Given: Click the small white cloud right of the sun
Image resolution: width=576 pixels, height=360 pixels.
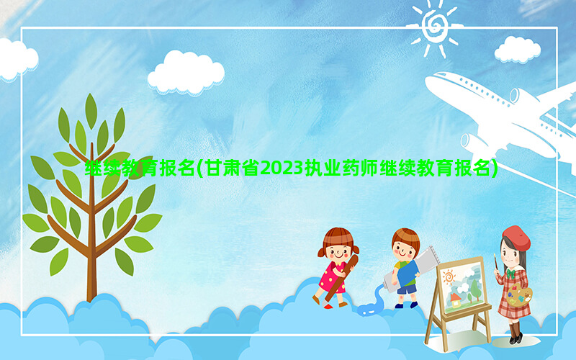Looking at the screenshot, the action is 517,50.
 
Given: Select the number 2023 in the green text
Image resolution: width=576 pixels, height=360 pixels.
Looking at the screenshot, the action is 282,168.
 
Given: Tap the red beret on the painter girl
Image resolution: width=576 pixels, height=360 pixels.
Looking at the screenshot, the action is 516,238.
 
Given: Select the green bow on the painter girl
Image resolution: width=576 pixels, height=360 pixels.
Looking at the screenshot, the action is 510,274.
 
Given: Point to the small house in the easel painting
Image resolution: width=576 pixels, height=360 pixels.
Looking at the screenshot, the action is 456,300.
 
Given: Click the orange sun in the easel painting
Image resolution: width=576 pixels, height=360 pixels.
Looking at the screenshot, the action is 449,276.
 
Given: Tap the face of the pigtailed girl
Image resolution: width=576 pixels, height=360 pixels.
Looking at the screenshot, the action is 338,252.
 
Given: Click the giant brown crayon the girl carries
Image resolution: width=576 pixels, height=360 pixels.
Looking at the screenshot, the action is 340,279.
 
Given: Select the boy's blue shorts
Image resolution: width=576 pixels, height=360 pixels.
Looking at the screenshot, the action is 407,289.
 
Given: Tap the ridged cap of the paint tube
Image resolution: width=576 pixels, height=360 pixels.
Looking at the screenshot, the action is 434,254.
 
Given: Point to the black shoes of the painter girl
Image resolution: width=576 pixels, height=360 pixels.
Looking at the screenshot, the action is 515,338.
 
